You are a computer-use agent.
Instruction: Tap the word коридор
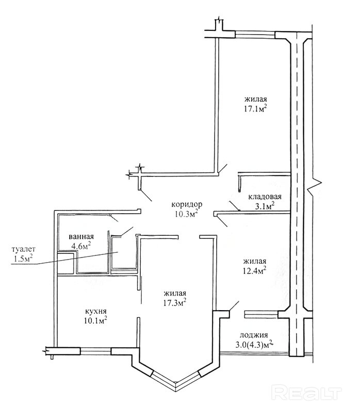point(187,204)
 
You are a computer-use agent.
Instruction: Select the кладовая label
point(264,197)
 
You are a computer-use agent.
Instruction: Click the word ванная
point(80,237)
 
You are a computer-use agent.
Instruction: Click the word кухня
point(95,311)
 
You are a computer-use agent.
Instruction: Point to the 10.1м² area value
point(96,320)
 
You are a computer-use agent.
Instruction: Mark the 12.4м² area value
point(255,270)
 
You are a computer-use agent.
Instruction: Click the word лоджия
point(252,334)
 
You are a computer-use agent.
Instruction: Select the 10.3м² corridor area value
point(187,213)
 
